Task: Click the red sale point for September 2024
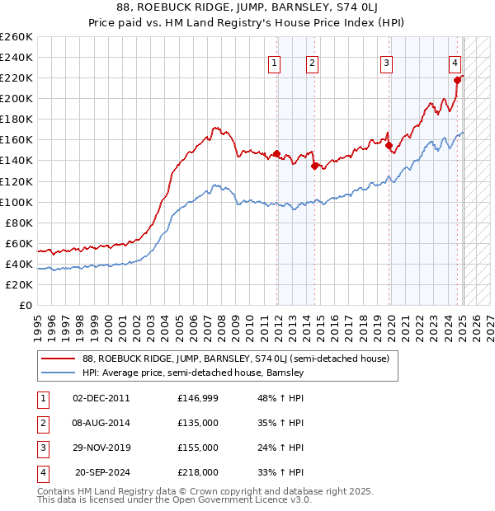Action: pyautogui.click(x=457, y=80)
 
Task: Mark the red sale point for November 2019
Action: pyautogui.click(x=389, y=145)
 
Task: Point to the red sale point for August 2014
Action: pyautogui.click(x=314, y=166)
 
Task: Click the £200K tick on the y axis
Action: pyautogui.click(x=17, y=98)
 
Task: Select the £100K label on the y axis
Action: pyautogui.click(x=17, y=202)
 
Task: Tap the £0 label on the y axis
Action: pyautogui.click(x=25, y=305)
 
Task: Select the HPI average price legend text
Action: pyautogui.click(x=194, y=373)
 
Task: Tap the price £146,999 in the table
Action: pyautogui.click(x=198, y=398)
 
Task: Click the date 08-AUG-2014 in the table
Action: pyautogui.click(x=101, y=423)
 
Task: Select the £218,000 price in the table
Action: pyautogui.click(x=198, y=472)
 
